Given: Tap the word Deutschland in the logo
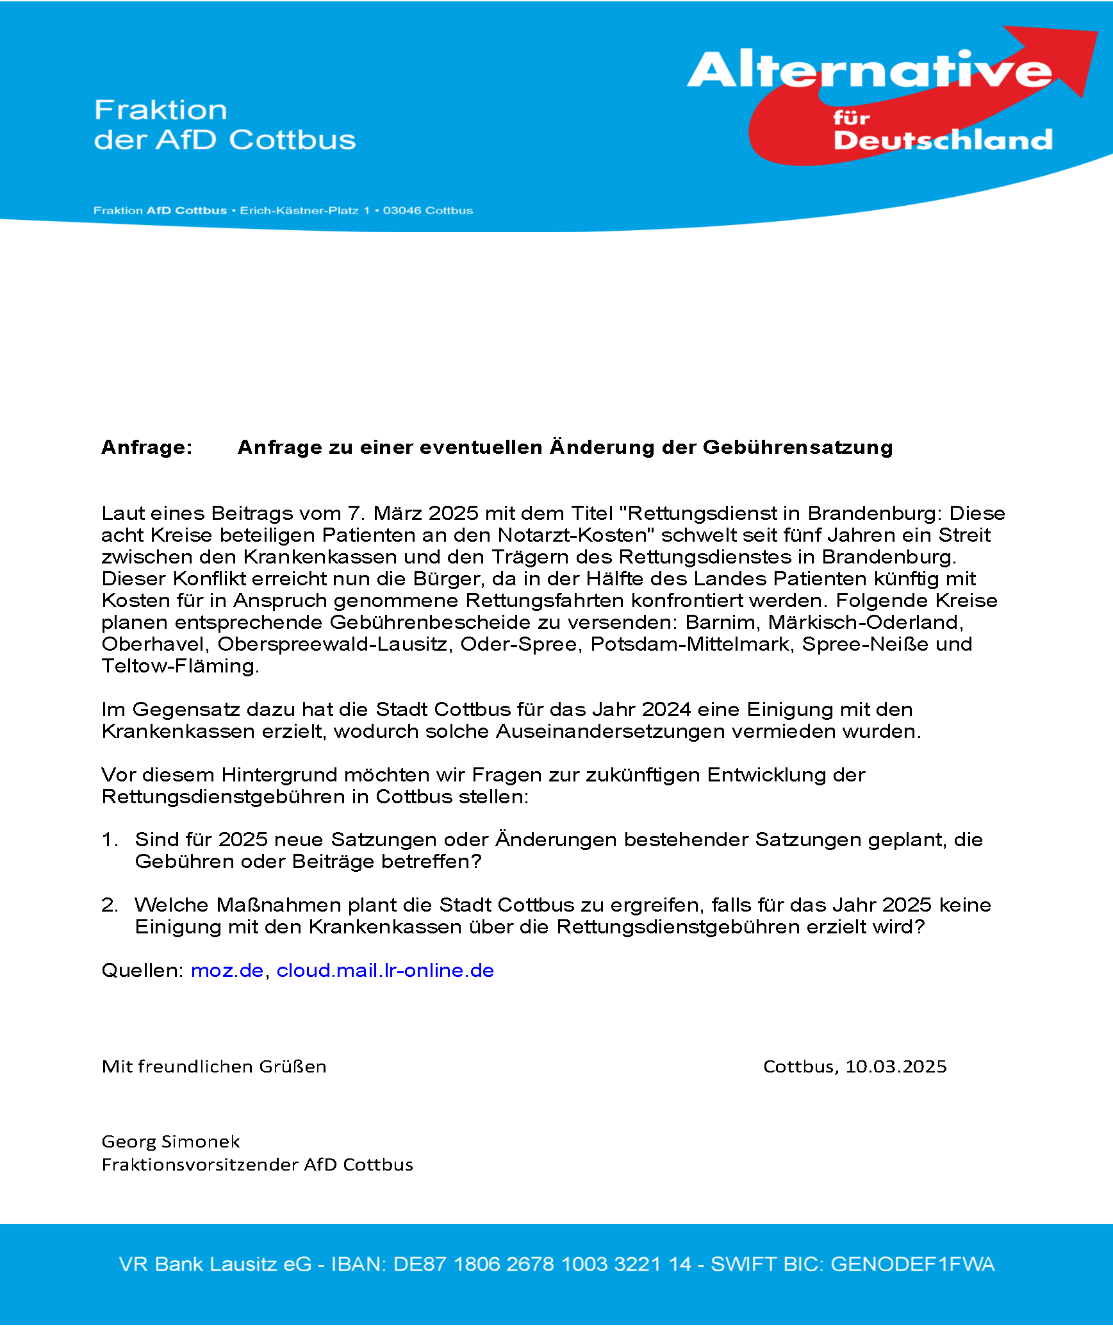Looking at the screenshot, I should pyautogui.click(x=943, y=140).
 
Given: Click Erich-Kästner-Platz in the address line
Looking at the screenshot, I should pyautogui.click(x=299, y=211).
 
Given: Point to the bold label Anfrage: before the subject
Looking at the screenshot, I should pyautogui.click(x=147, y=447).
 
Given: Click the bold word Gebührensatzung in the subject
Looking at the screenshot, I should pyautogui.click(x=798, y=447).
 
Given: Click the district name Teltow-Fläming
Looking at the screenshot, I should pyautogui.click(x=180, y=666).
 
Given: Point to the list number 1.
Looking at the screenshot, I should pyautogui.click(x=110, y=840).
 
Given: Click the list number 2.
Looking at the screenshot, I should pyautogui.click(x=110, y=905).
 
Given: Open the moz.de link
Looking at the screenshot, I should pyautogui.click(x=227, y=971).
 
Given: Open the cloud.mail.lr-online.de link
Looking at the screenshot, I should pyautogui.click(x=385, y=971).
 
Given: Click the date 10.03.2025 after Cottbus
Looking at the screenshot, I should pyautogui.click(x=896, y=1067).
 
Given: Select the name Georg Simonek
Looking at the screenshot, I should pyautogui.click(x=170, y=1142).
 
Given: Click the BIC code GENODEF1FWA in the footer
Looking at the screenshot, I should pyautogui.click(x=912, y=1264).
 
